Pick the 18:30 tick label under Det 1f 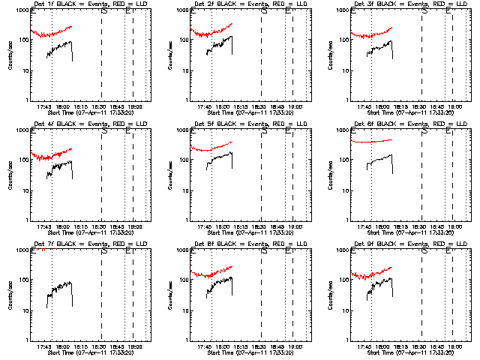pyautogui.click(x=99, y=107)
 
